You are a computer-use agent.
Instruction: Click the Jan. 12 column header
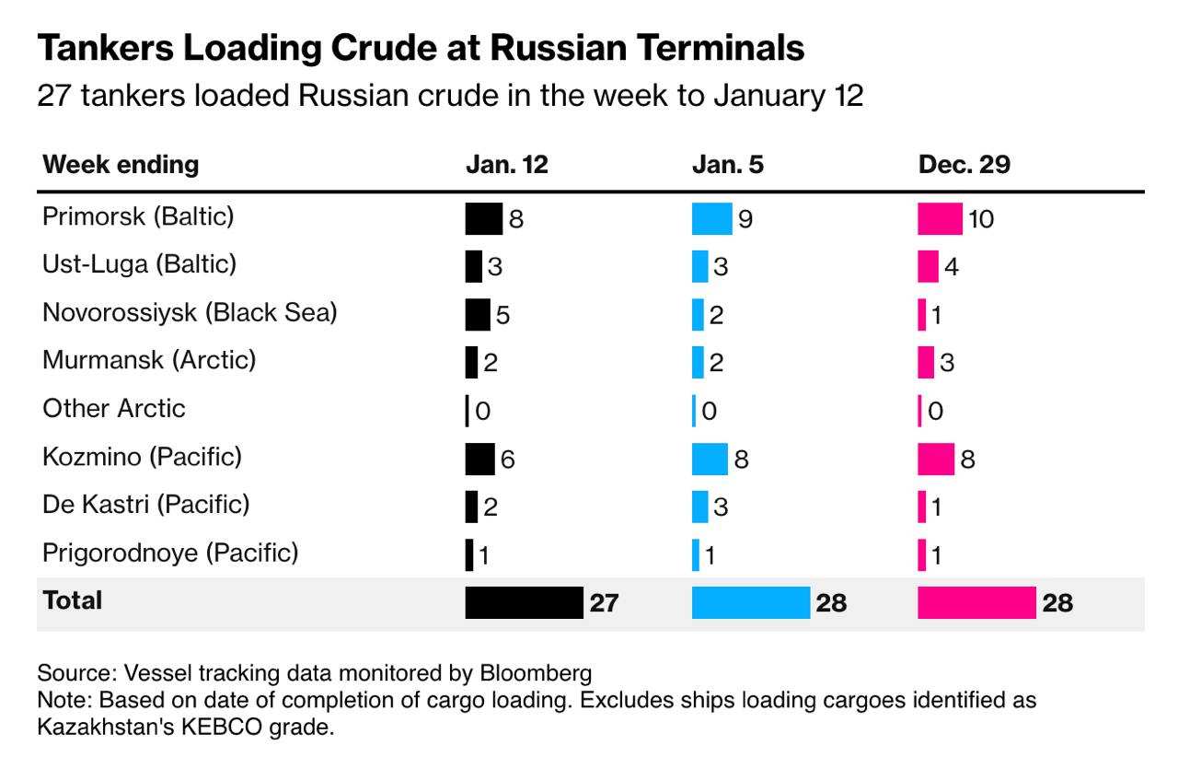506,165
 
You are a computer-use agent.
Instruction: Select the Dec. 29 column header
964,165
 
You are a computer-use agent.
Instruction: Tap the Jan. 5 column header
727,165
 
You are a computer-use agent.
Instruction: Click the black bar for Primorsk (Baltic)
484,218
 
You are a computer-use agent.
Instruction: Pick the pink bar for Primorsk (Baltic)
940,218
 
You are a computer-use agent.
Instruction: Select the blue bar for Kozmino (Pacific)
710,458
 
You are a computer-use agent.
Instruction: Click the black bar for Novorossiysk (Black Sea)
478,314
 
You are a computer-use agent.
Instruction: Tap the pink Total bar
976,602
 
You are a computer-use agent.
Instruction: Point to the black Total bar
524,602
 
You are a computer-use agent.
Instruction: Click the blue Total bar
750,602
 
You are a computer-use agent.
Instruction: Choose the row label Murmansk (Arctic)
149,360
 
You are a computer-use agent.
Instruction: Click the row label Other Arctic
114,408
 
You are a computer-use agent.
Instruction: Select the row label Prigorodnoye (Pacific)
170,553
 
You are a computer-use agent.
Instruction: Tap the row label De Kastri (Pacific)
146,505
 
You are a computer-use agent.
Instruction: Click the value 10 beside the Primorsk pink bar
981,219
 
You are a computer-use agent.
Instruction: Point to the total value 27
604,603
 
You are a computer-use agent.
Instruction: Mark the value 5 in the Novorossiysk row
502,315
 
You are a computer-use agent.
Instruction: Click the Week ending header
121,165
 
